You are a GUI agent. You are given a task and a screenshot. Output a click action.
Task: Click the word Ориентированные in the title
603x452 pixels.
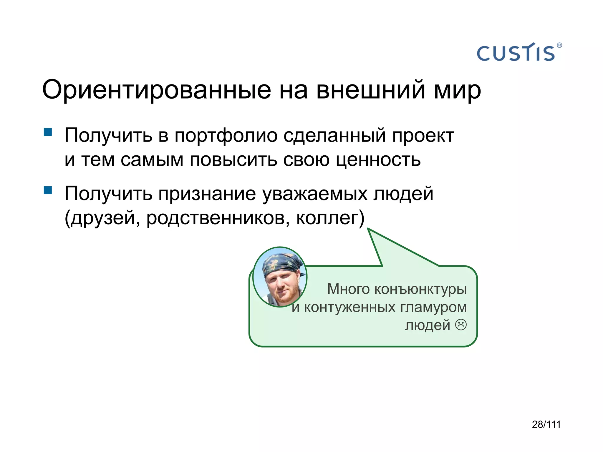(x=156, y=90)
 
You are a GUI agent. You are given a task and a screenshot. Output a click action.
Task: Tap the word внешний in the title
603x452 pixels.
(x=371, y=89)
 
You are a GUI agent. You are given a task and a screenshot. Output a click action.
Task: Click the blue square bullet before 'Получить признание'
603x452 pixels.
(x=48, y=190)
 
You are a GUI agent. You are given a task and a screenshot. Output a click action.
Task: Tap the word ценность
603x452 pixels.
(x=378, y=160)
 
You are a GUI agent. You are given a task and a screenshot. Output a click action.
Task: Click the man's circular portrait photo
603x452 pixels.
(x=280, y=277)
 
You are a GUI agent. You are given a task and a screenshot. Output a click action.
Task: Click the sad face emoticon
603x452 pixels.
(x=461, y=325)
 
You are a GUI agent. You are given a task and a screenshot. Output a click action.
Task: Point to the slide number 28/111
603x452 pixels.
(x=546, y=424)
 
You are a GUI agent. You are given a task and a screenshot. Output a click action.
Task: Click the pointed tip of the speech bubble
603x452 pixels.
(x=368, y=229)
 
